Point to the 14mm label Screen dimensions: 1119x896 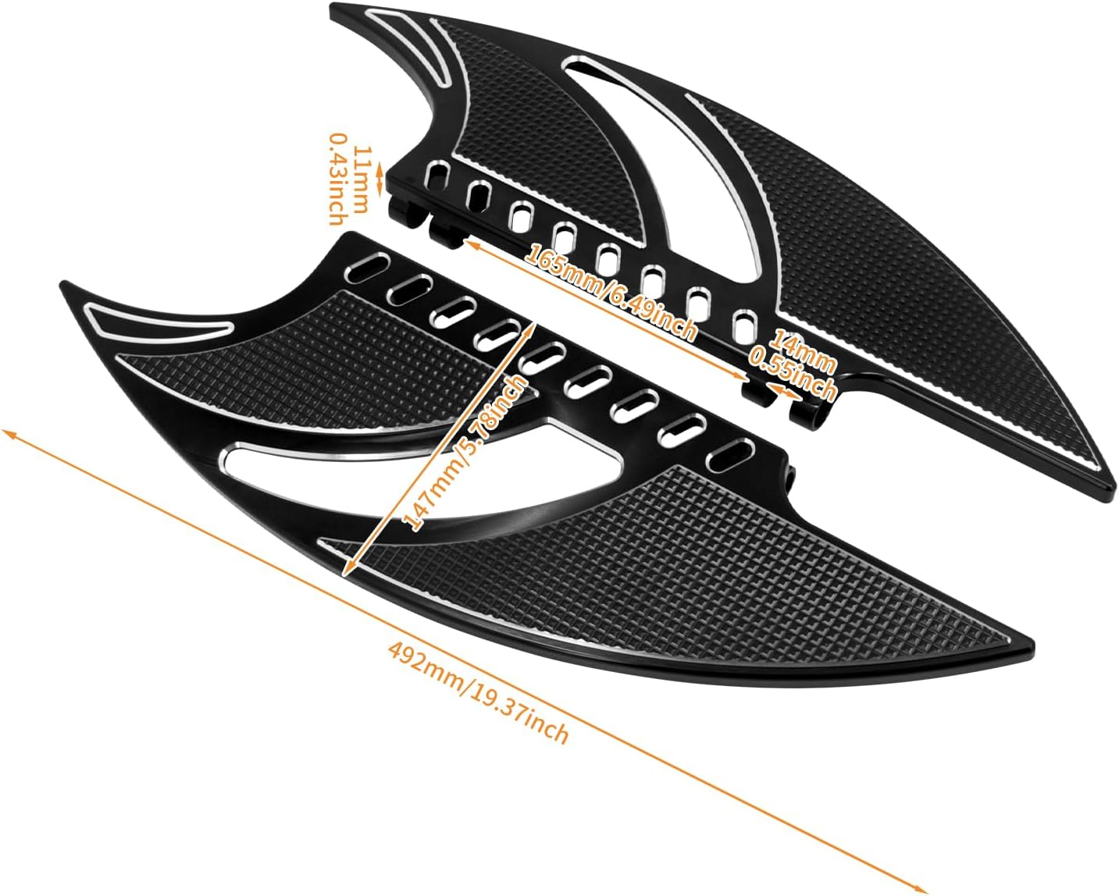pos(803,349)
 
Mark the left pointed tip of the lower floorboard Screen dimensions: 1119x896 pos(64,286)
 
